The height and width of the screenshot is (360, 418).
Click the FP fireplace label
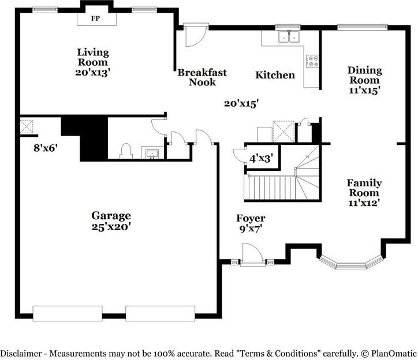click(x=95, y=18)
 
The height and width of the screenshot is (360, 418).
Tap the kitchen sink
click(x=289, y=37)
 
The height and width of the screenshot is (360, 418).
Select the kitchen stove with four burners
click(x=312, y=61)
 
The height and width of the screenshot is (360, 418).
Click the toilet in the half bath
click(x=126, y=151)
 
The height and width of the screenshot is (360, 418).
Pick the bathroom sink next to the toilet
click(x=152, y=154)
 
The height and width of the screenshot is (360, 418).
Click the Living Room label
click(x=93, y=57)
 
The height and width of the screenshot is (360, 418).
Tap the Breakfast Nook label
click(x=202, y=77)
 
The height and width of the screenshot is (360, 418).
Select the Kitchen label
click(x=275, y=75)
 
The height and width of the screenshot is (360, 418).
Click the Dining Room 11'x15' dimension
click(x=364, y=91)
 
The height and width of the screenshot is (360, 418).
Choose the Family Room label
click(x=364, y=188)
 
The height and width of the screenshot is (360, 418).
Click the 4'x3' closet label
click(x=261, y=159)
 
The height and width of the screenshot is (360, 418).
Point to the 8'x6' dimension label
click(x=46, y=148)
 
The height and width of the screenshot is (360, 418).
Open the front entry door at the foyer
click(x=253, y=255)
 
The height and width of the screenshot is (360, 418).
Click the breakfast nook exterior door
click(x=196, y=35)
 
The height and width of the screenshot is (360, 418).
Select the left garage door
click(x=68, y=313)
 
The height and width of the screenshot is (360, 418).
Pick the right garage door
click(x=161, y=313)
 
